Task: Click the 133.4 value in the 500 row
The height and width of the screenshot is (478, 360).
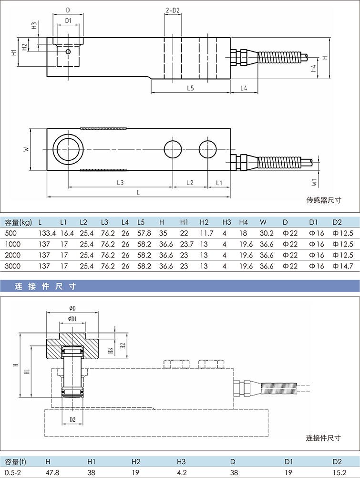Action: pyautogui.click(x=47, y=233)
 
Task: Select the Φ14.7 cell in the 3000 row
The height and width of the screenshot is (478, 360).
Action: pyautogui.click(x=343, y=266)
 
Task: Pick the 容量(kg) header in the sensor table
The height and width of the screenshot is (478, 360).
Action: pyautogui.click(x=18, y=222)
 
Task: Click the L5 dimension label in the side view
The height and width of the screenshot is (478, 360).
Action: pyautogui.click(x=190, y=88)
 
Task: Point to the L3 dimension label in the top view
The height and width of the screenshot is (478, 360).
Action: pyautogui.click(x=120, y=183)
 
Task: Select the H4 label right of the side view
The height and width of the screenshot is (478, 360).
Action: pyautogui.click(x=313, y=68)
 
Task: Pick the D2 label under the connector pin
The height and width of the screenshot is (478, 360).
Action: pyautogui.click(x=72, y=420)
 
